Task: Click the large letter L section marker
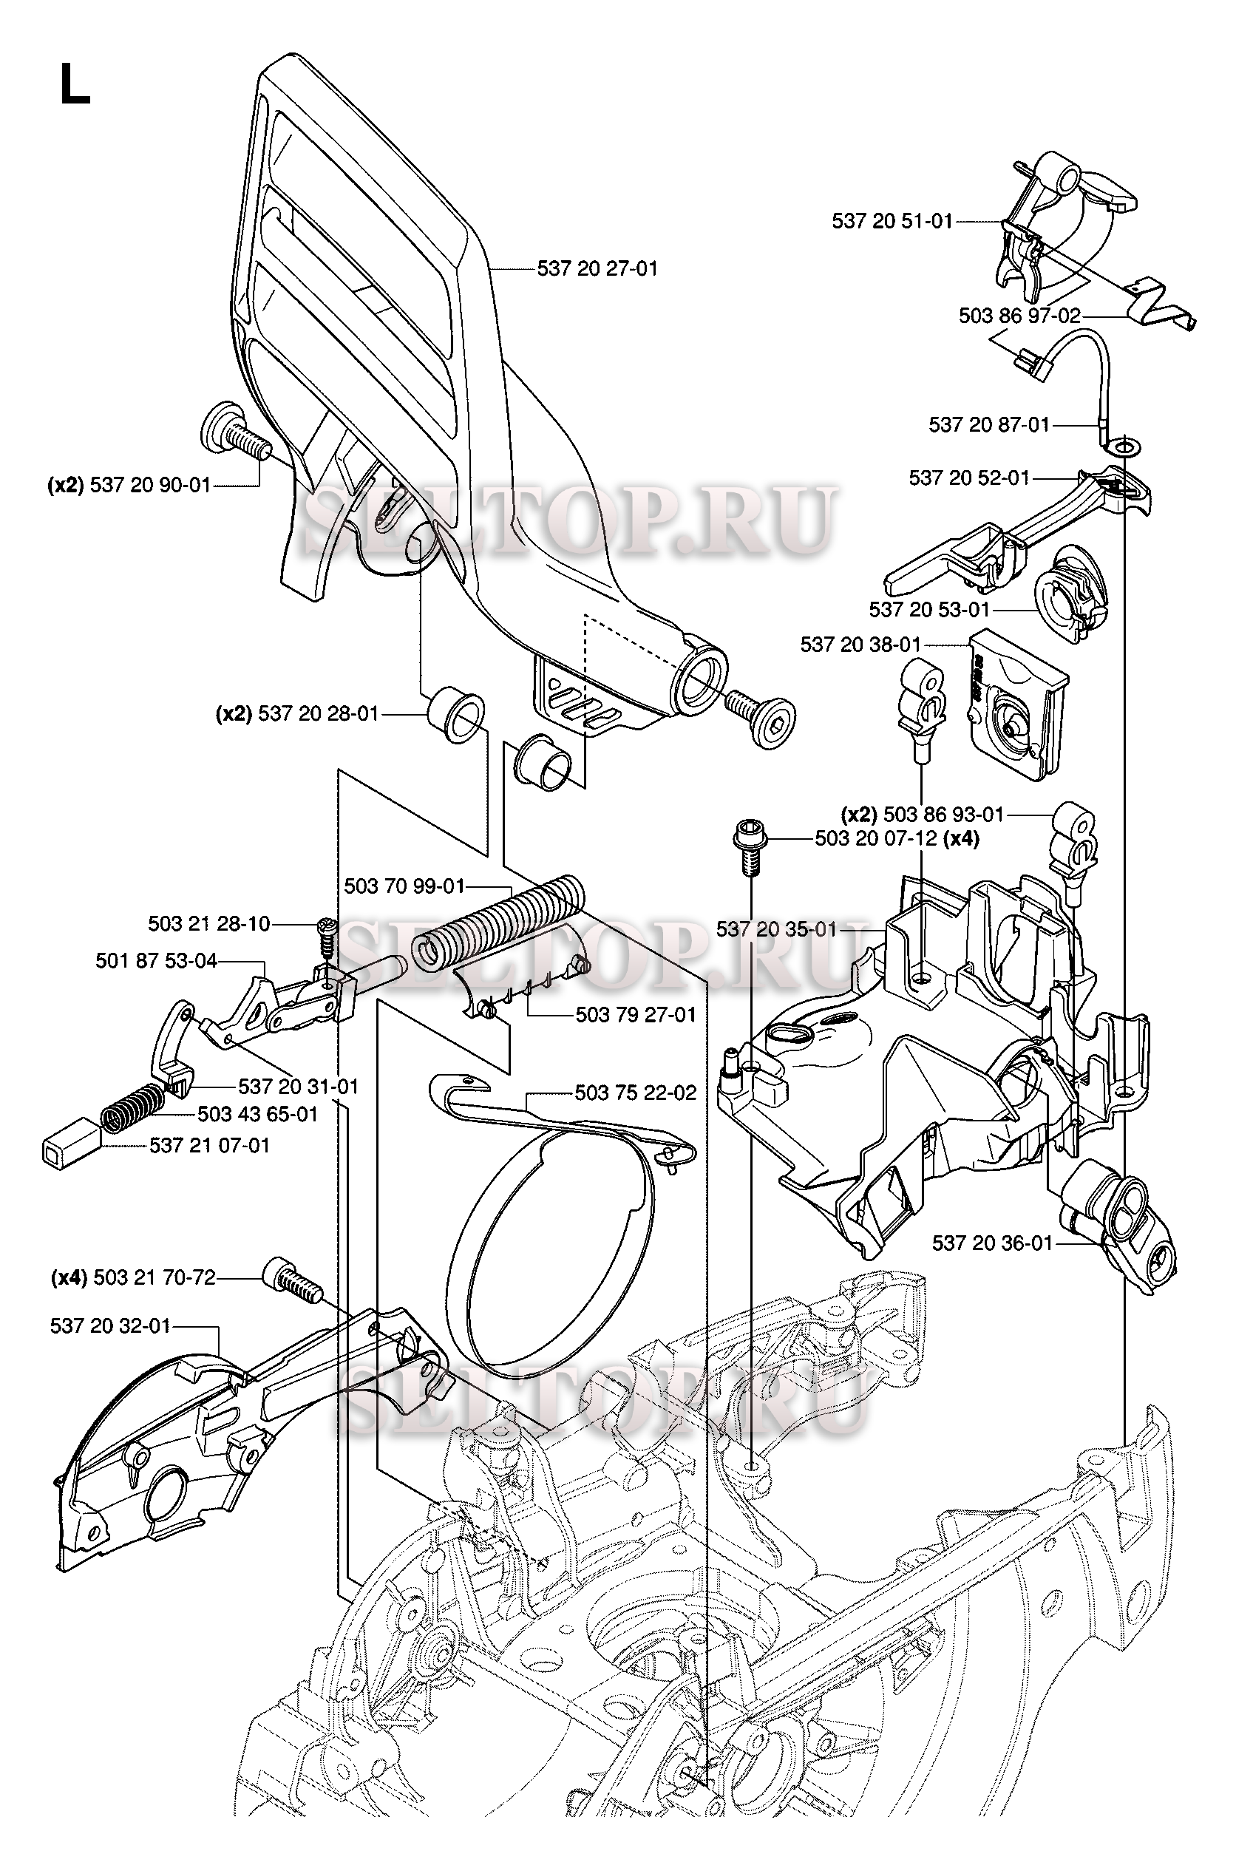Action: pyautogui.click(x=74, y=85)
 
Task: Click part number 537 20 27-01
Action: pyautogui.click(x=597, y=269)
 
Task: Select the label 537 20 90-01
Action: pyautogui.click(x=150, y=485)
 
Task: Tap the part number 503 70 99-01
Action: pyautogui.click(x=404, y=887)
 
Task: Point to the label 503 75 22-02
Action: pyautogui.click(x=635, y=1093)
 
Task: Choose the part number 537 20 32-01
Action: pyautogui.click(x=110, y=1325)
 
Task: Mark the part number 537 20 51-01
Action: pyautogui.click(x=892, y=221)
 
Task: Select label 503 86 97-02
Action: pyautogui.click(x=1019, y=316)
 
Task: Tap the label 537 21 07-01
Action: pyautogui.click(x=210, y=1144)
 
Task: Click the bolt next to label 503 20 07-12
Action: pyautogui.click(x=746, y=846)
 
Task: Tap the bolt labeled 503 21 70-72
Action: pyautogui.click(x=292, y=1280)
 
